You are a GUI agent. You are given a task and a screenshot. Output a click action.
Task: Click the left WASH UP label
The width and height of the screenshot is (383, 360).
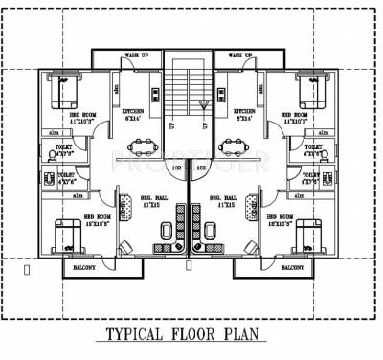136,56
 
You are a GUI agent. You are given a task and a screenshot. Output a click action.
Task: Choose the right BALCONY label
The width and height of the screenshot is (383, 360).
294,268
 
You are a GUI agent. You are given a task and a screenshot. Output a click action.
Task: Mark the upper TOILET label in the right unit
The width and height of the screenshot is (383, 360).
314,147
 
